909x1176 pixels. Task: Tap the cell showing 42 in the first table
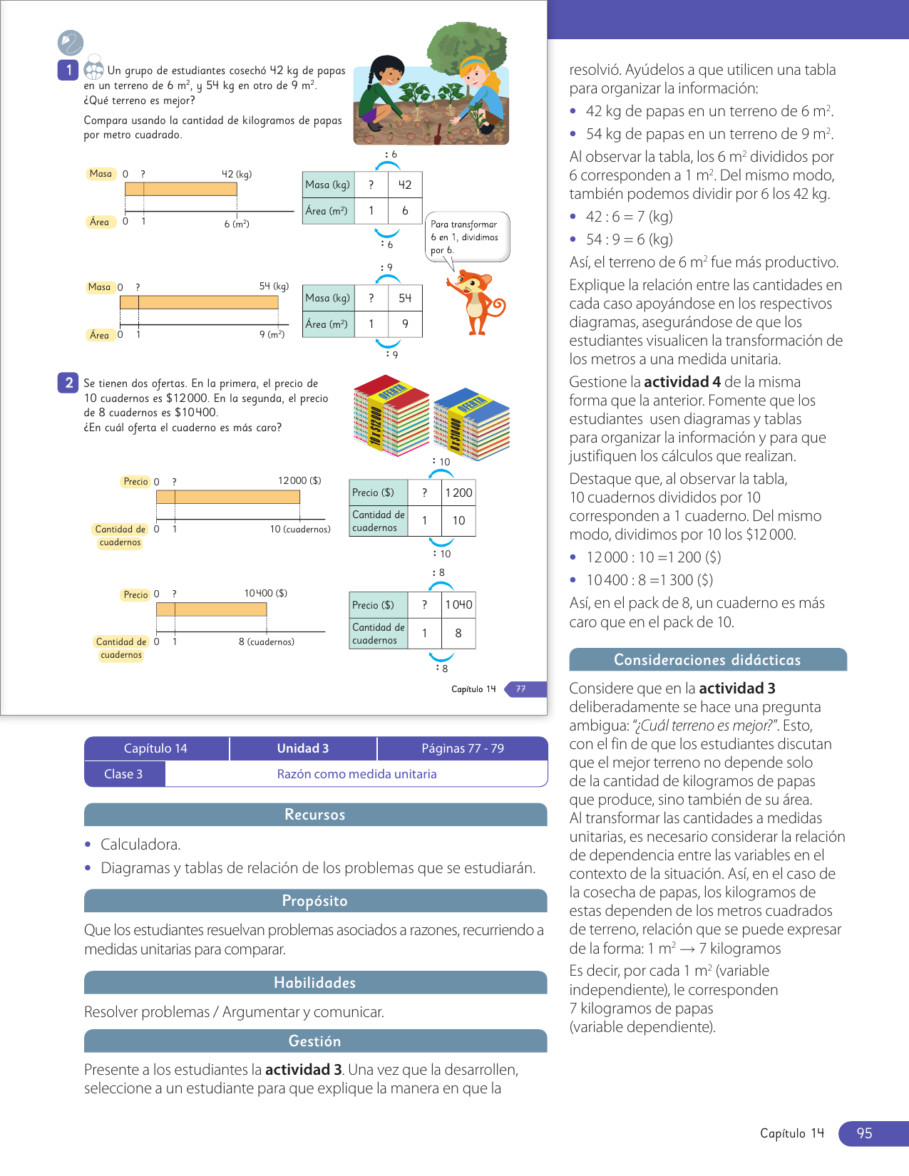405,185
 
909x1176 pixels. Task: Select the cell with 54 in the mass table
405,298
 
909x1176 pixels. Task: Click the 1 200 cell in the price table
458,492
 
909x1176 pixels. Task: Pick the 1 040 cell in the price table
458,604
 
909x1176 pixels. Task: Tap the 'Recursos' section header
315,815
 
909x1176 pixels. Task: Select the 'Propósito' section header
315,901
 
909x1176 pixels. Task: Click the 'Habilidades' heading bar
315,983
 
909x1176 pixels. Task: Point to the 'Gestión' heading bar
315,1041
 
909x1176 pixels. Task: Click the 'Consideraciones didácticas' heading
707,660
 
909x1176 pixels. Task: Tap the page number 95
864,1133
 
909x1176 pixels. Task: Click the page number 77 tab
522,689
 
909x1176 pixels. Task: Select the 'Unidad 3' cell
303,748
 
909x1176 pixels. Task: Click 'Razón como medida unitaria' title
356,774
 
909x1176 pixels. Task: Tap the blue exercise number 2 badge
68,383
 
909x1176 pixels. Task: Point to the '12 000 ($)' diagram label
299,480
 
